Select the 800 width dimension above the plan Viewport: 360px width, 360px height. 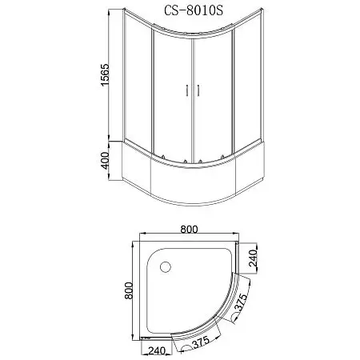(190, 229)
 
